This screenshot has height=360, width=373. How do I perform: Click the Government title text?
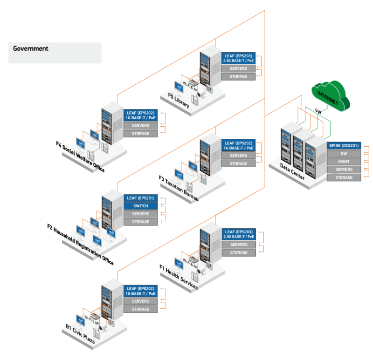point(31,48)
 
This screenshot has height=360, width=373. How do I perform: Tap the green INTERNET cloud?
point(332,95)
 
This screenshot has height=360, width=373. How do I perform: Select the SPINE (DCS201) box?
point(344,145)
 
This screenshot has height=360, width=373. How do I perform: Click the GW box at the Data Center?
point(344,153)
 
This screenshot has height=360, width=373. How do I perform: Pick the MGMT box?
point(344,162)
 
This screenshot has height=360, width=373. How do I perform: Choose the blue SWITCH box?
point(140,206)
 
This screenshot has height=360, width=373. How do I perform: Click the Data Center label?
point(292,171)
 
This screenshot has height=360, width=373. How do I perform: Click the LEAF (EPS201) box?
point(140,198)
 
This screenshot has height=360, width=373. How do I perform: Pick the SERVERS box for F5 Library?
point(238,68)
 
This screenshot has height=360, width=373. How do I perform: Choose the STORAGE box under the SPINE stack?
point(344,177)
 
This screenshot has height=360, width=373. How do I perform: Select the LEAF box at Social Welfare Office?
point(140,115)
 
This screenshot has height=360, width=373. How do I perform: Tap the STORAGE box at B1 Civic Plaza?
point(140,309)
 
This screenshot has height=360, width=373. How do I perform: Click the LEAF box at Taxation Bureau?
point(238,145)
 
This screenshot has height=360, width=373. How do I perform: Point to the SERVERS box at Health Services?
point(239,245)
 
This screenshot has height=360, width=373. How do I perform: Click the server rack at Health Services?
point(210,242)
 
